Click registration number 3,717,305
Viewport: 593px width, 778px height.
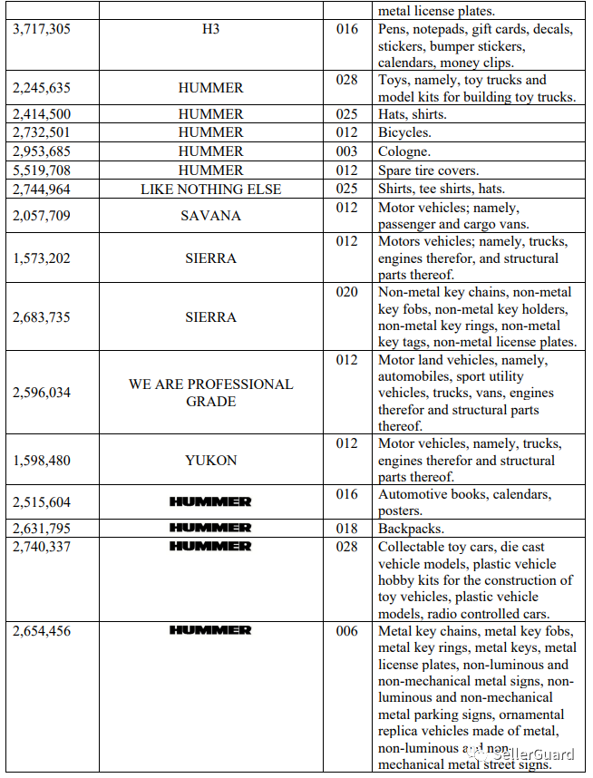click(x=42, y=30)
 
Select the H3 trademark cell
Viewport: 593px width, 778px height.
click(x=210, y=30)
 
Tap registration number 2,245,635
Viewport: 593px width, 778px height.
click(x=42, y=88)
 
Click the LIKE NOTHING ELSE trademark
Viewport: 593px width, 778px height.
click(x=210, y=190)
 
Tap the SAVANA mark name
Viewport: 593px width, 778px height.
click(x=210, y=216)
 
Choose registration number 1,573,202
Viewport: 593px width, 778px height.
click(x=42, y=258)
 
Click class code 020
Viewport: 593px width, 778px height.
click(x=346, y=292)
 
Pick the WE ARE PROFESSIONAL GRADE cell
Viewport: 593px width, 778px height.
click(x=210, y=393)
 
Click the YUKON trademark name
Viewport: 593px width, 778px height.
click(x=210, y=461)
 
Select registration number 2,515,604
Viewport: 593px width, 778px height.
click(x=42, y=502)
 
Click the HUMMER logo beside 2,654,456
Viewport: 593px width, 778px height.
click(x=210, y=630)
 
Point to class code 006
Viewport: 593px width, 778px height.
click(x=346, y=631)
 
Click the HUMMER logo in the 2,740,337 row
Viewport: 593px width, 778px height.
click(x=210, y=547)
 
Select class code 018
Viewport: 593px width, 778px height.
click(x=346, y=528)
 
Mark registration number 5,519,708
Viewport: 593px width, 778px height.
click(x=42, y=170)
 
